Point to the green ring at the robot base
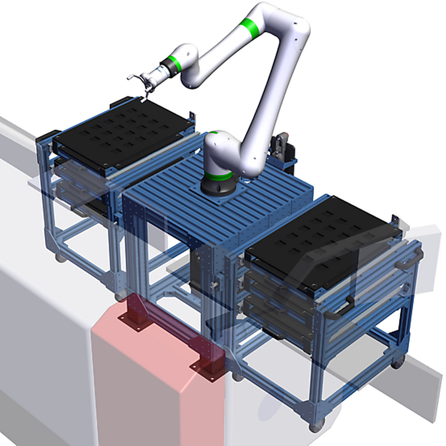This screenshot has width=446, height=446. point(217,178)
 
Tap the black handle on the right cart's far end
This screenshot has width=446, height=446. point(415,256)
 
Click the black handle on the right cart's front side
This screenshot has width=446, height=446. point(341,306)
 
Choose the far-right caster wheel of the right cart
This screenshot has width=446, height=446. point(397,363)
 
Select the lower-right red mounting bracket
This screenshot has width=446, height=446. point(209,368)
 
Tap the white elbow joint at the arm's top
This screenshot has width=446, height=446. point(290,22)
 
